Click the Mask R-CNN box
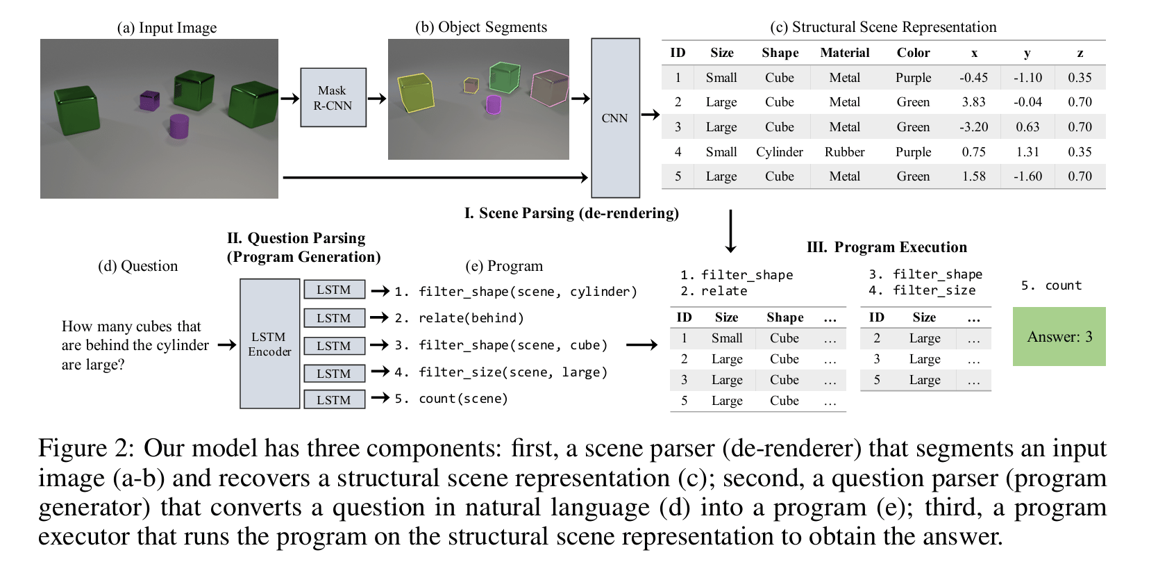click(x=333, y=97)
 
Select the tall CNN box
click(x=615, y=118)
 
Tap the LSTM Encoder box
click(x=269, y=344)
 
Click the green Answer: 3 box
click(x=1059, y=337)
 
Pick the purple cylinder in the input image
click(x=179, y=126)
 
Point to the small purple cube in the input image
click(x=149, y=101)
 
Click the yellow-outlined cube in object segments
click(x=415, y=93)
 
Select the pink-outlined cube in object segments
click(x=549, y=88)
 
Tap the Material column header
click(x=844, y=53)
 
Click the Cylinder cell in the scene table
click(x=779, y=152)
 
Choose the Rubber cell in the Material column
click(x=844, y=152)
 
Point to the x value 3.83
click(x=973, y=102)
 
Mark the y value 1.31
click(x=1027, y=152)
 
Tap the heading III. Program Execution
click(x=887, y=247)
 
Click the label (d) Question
click(x=137, y=266)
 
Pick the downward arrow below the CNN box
click(x=730, y=231)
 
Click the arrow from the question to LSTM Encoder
click(x=227, y=345)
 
